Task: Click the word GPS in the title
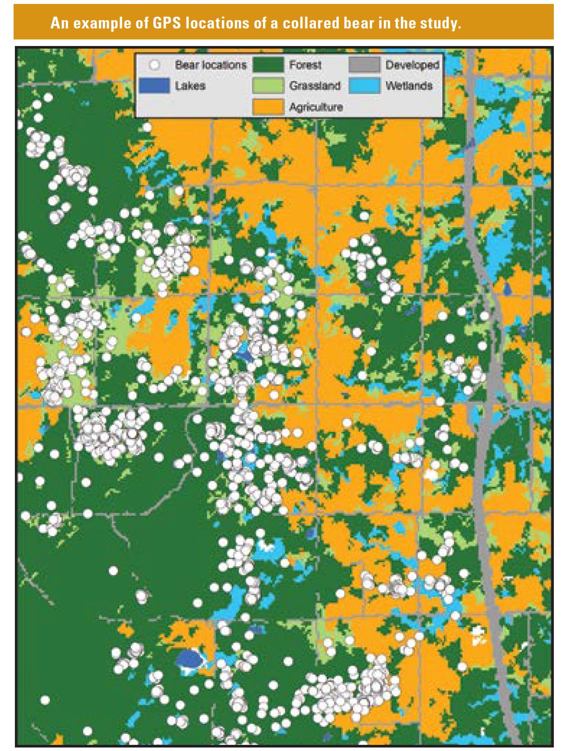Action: (167, 23)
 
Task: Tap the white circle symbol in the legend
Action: (154, 65)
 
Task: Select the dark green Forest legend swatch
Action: (268, 65)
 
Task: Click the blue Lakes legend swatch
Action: (154, 85)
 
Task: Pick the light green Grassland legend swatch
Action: (268, 85)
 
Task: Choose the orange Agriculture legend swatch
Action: (268, 106)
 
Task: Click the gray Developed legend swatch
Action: (365, 65)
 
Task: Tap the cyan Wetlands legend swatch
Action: (365, 85)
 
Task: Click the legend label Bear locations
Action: (211, 65)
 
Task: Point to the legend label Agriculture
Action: (316, 106)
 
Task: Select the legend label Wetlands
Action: (409, 85)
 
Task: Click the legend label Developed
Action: (412, 65)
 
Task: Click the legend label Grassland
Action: (315, 85)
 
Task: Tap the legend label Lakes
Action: (190, 85)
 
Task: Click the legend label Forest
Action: (305, 65)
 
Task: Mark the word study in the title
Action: (440, 23)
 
